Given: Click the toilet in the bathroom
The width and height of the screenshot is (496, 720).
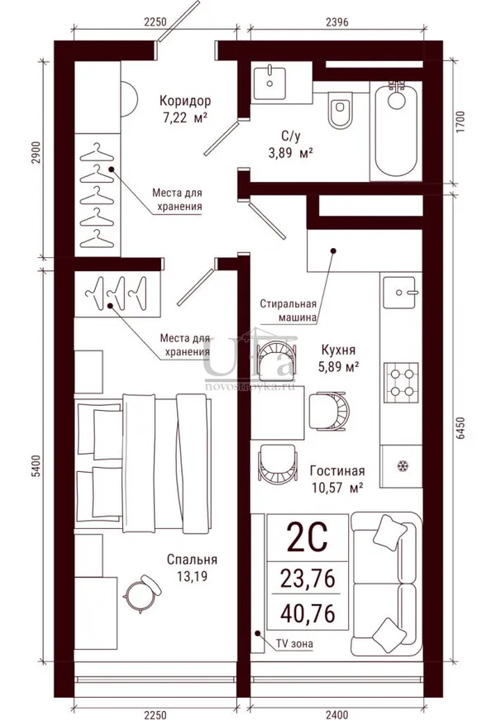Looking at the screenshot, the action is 341,110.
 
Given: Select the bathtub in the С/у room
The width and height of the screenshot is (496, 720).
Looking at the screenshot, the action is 396,131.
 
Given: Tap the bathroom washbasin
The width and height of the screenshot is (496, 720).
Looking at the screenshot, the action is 269,83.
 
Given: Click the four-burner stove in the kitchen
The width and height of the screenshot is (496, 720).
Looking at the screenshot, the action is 401,383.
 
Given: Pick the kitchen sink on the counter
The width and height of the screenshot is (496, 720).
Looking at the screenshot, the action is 401,292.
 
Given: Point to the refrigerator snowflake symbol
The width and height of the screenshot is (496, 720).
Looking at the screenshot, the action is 403,466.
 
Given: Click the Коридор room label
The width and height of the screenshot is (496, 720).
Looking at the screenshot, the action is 185,101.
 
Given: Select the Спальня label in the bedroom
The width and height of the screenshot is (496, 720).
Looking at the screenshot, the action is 192,560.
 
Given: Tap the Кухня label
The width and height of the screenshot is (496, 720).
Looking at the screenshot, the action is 338,350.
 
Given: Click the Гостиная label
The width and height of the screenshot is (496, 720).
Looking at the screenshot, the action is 337,470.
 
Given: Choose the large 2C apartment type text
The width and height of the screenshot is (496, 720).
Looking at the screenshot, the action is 307,537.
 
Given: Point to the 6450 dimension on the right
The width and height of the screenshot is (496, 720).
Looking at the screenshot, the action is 461,428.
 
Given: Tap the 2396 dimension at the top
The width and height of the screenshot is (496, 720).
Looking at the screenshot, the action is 337,21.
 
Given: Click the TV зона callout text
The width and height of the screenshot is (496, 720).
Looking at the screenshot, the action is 294,644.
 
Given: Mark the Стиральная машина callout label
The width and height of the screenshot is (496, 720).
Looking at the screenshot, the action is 289,311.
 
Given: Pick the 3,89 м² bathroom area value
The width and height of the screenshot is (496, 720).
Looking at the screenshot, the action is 290,153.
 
